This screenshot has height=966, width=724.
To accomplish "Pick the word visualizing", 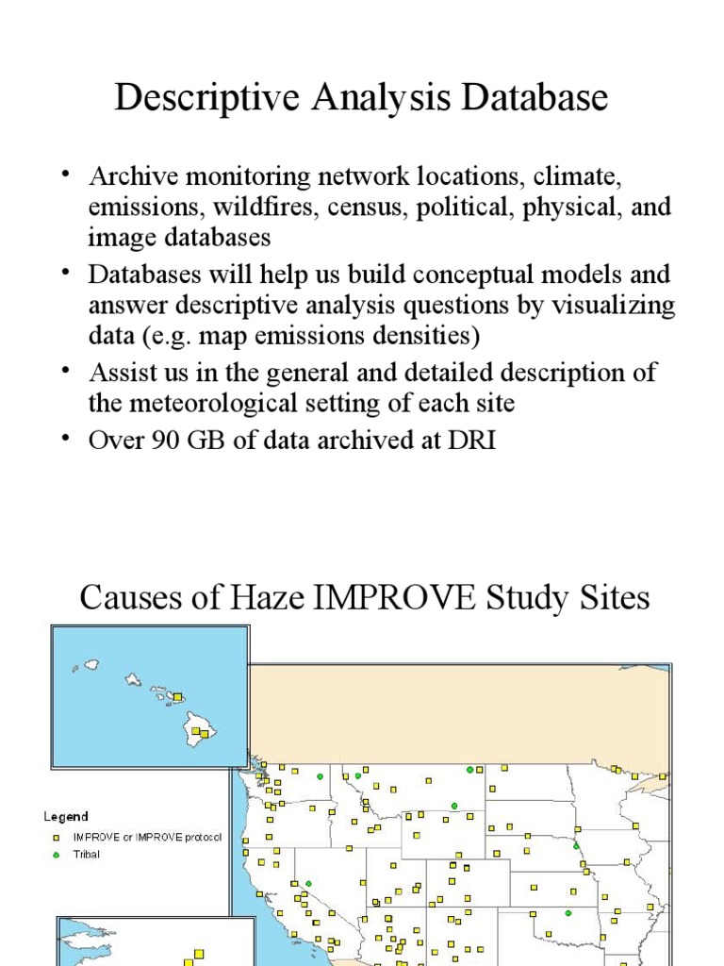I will click(618, 305).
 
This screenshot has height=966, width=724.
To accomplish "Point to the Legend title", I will click(65, 817).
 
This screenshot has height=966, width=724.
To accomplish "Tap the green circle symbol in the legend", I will click(56, 855).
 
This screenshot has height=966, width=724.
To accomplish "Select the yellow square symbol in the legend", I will click(56, 838).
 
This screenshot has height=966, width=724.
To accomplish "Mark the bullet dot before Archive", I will click(66, 174).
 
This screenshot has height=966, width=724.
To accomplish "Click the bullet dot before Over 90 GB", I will click(66, 438).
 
